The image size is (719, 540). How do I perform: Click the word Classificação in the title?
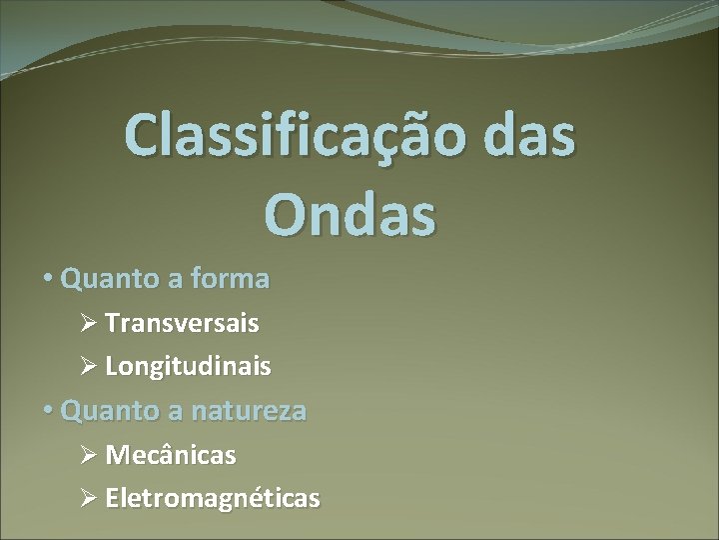(x=293, y=136)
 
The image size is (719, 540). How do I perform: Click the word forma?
(x=232, y=278)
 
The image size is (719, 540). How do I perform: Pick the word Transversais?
(x=182, y=323)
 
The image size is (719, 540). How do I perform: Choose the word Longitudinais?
(x=188, y=367)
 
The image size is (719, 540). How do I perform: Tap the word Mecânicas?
(x=171, y=455)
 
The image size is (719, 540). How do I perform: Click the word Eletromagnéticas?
(x=213, y=498)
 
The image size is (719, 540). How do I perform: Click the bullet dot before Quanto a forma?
(x=49, y=279)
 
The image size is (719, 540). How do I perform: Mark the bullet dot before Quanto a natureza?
(x=49, y=410)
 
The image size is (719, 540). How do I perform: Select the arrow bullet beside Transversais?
(x=88, y=324)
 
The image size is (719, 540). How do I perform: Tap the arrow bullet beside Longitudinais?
(x=88, y=367)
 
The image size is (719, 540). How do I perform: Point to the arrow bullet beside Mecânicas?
(x=88, y=455)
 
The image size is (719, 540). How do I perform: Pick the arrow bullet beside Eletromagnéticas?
(x=88, y=498)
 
